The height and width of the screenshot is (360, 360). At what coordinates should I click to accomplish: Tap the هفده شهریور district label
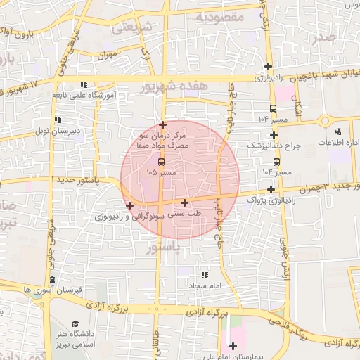pos(174,86)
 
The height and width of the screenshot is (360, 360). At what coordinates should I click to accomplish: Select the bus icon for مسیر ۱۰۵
pos(162,161)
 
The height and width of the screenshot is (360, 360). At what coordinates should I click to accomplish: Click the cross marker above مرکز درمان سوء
pos(162,124)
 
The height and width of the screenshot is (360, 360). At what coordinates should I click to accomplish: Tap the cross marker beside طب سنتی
pos(184,202)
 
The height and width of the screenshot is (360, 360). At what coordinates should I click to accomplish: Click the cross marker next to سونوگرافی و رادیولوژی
pos(129,205)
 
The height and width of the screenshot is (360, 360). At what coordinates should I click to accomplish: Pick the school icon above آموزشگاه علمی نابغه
pos(84,84)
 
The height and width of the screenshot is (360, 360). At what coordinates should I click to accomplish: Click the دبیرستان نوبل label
pos(58,131)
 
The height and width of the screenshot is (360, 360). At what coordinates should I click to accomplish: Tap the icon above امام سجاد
pos(205,275)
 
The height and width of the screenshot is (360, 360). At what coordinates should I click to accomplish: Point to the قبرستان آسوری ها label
pos(53,290)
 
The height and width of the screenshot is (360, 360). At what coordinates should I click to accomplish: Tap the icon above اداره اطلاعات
pos(337,131)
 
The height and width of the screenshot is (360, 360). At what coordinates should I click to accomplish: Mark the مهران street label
pos(106,54)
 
